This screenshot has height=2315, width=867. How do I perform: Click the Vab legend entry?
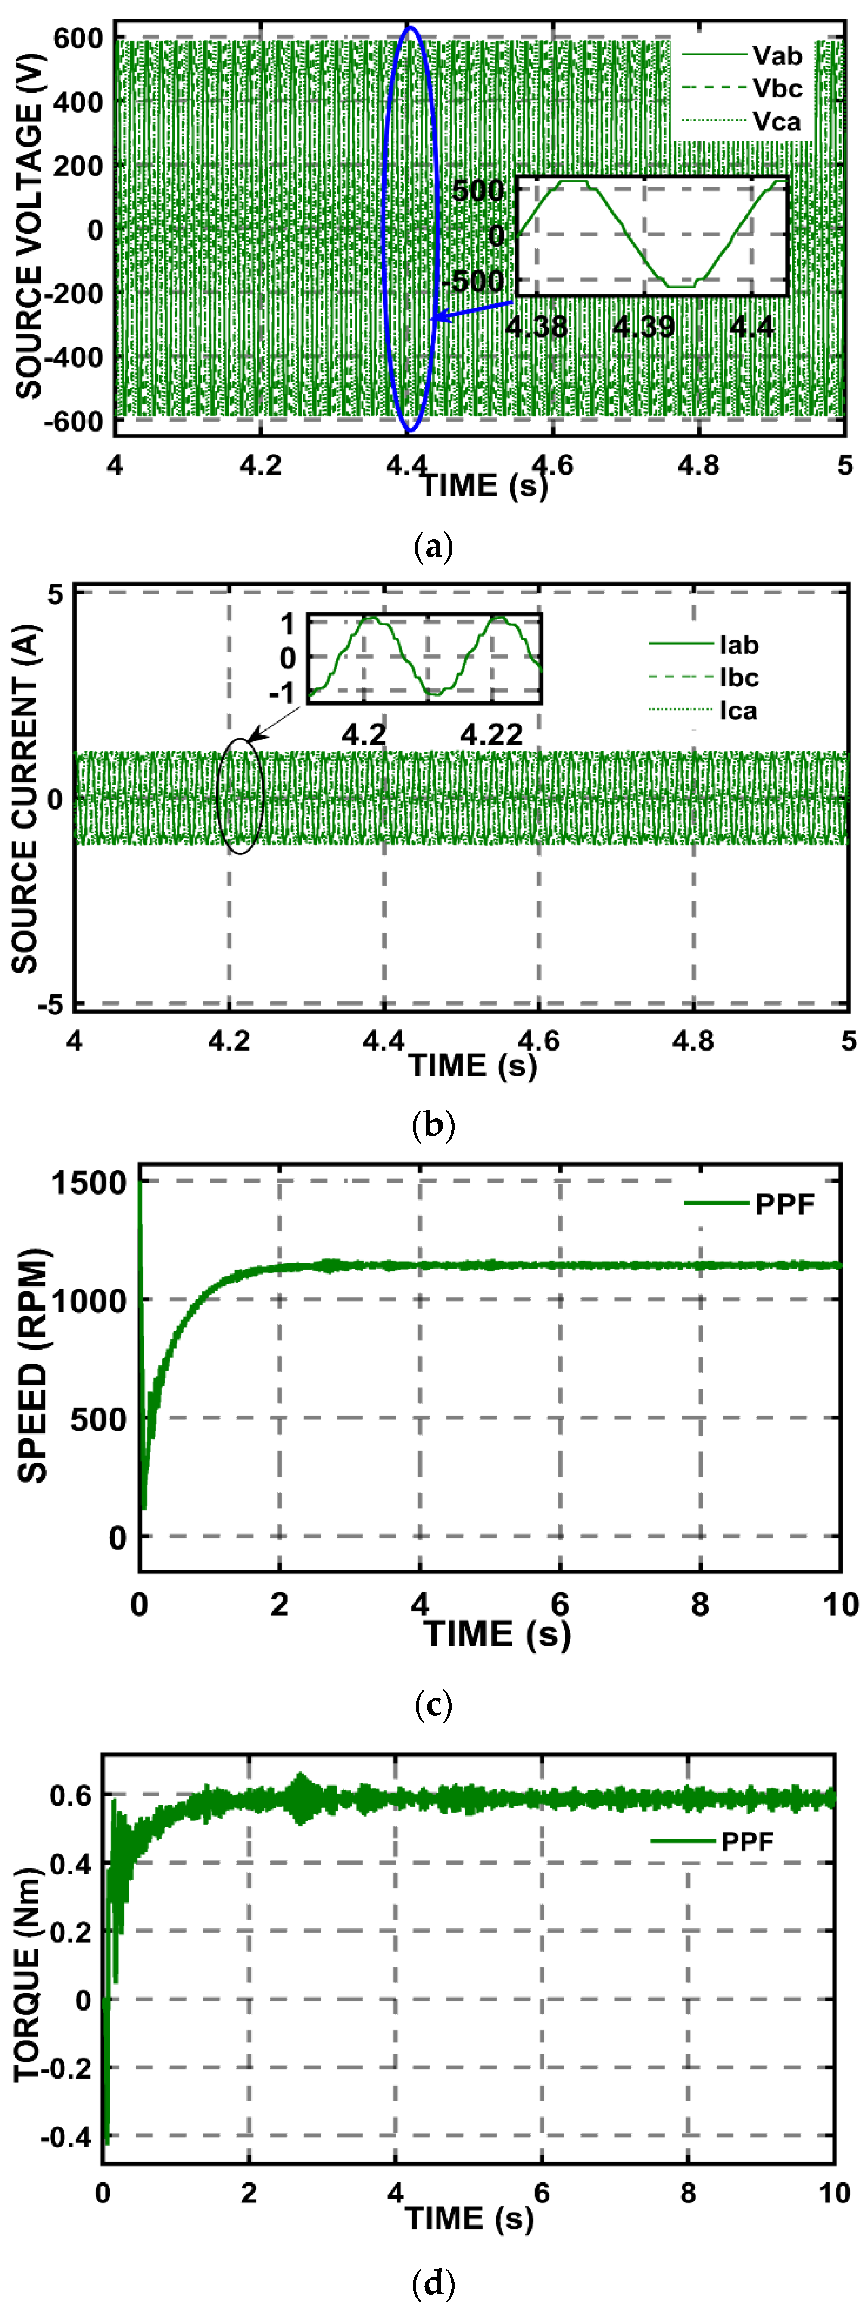pyautogui.click(x=776, y=56)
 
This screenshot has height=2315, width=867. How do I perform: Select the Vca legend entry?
pyautogui.click(x=776, y=121)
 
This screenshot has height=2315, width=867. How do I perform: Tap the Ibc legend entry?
pyautogui.click(x=739, y=678)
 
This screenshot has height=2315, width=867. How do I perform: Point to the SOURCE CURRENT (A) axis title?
pyautogui.click(x=25, y=798)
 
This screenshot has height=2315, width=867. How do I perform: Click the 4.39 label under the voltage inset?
pyautogui.click(x=643, y=326)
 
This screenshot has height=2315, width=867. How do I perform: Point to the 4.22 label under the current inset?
pyautogui.click(x=490, y=734)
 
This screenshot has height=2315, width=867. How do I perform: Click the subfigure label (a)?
pyautogui.click(x=433, y=545)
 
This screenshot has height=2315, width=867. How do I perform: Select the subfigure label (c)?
pyautogui.click(x=433, y=1703)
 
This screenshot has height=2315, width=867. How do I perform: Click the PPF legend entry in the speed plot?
pyautogui.click(x=783, y=1203)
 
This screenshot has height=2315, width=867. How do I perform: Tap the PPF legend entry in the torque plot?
pyautogui.click(x=747, y=1841)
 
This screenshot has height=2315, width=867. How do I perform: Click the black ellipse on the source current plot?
pyautogui.click(x=240, y=795)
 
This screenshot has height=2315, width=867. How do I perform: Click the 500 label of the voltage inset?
pyautogui.click(x=478, y=191)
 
